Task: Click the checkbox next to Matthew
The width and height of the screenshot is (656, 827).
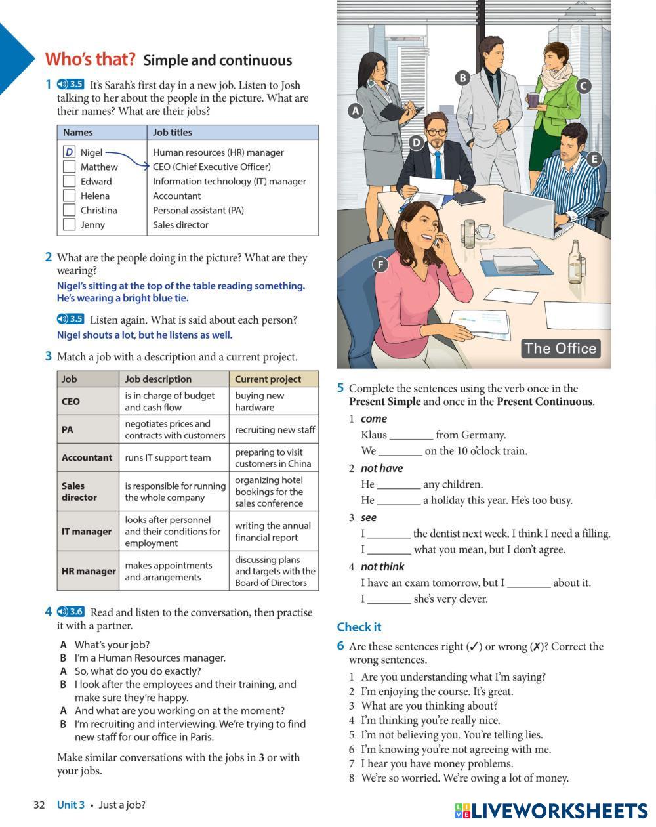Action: click(69, 167)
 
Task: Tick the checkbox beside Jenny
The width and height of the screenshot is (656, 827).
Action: click(69, 224)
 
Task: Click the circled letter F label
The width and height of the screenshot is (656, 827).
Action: click(380, 265)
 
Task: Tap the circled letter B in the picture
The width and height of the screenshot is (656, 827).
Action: click(462, 77)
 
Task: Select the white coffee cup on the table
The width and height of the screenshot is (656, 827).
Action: click(483, 231)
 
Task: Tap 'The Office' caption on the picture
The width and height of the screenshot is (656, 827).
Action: click(560, 349)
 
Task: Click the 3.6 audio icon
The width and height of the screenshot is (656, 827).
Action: click(71, 612)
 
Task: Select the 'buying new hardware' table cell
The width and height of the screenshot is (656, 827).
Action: click(273, 401)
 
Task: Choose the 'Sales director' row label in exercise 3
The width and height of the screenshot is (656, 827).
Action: click(80, 492)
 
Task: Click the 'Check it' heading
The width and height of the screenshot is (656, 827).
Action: click(359, 627)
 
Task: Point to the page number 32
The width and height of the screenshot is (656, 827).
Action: click(39, 805)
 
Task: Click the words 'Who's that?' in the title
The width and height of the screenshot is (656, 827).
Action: click(90, 59)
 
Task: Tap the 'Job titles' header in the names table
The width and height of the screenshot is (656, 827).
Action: click(173, 132)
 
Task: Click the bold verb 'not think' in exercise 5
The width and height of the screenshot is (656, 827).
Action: click(382, 566)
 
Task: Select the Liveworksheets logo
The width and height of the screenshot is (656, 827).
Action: click(551, 811)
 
